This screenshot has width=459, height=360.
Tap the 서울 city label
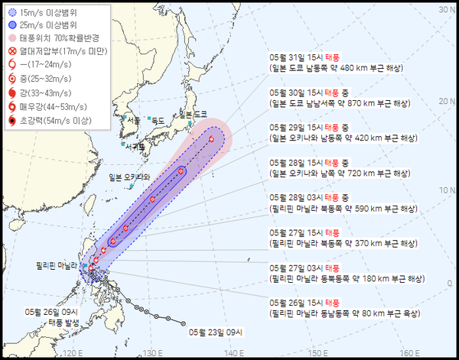pyautogui.click(x=133, y=119)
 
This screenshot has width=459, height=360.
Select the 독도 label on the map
pyautogui.click(x=157, y=120)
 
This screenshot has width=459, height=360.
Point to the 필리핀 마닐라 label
pyautogui.click(x=57, y=265)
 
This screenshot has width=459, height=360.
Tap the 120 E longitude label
pyautogui.click(x=73, y=352)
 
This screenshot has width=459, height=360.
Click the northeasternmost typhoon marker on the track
pyautogui.click(x=212, y=139)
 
